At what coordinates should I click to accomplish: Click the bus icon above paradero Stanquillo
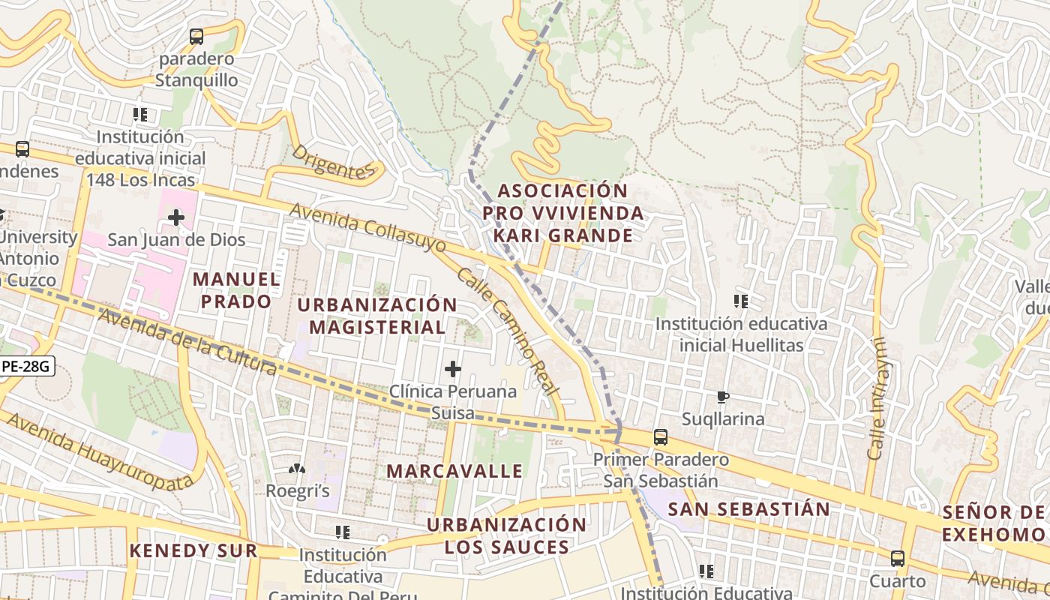[x=196, y=36]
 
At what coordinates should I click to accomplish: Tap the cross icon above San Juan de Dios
[x=176, y=217]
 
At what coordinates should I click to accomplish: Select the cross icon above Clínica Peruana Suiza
[x=453, y=368]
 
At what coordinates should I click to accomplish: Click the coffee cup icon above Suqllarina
[x=723, y=397]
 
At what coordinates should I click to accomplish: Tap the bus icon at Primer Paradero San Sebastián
[x=661, y=436]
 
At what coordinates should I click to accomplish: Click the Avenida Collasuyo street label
[x=367, y=228]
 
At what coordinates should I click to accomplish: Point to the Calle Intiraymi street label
[x=877, y=398]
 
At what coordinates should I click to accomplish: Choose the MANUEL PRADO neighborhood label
[x=236, y=290]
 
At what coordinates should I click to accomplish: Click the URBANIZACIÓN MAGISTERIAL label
[x=377, y=316]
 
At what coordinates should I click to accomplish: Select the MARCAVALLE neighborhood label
[x=454, y=471]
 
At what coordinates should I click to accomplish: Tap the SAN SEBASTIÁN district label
[x=748, y=509]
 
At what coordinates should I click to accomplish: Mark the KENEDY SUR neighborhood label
[x=193, y=550]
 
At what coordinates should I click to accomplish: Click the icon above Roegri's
[x=298, y=469]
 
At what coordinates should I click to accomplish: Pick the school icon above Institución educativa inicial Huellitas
[x=741, y=301]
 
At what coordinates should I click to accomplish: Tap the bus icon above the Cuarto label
[x=898, y=558]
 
